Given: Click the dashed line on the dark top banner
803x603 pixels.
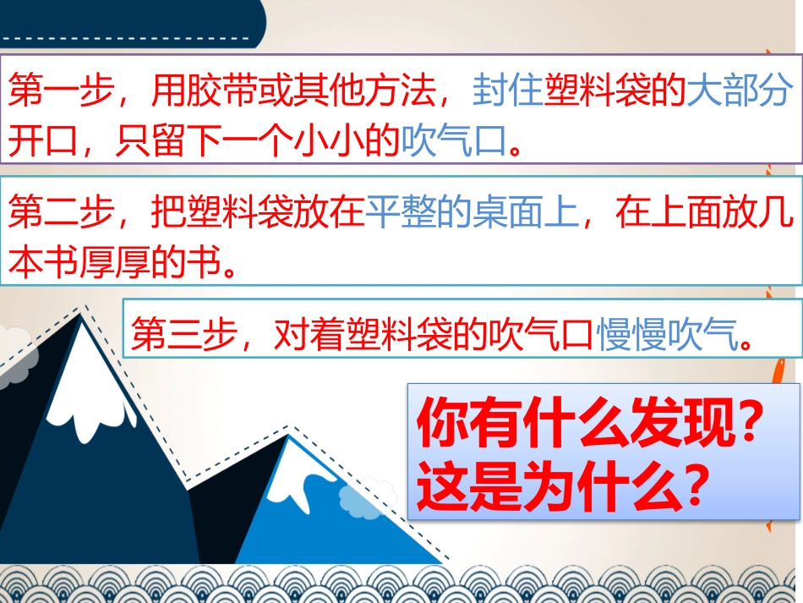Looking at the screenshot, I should point(127,37).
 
